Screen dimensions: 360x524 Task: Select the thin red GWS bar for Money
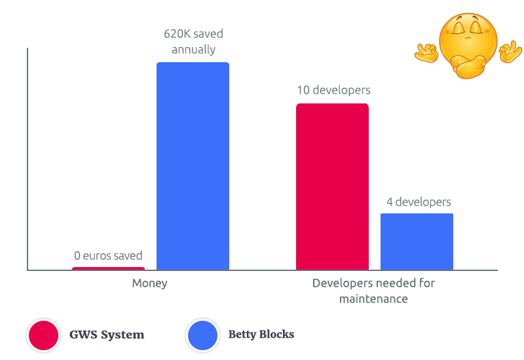pos(108,268)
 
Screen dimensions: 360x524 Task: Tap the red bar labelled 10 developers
pos(332,187)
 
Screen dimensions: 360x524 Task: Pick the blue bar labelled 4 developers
pos(417,242)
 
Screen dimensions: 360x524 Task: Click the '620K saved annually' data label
pos(193,41)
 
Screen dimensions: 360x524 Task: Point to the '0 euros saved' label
pos(108,256)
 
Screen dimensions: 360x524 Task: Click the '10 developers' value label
pos(333,90)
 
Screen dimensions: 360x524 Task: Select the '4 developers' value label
pos(418,202)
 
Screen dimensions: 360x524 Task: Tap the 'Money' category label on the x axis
pos(149,283)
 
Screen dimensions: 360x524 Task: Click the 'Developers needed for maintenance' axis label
pos(373,291)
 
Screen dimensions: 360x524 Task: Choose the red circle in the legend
pos(44,335)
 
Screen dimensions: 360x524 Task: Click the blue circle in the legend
pos(202,335)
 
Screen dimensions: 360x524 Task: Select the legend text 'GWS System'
pos(107,334)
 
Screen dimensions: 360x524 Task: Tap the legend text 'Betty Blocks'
pos(261,334)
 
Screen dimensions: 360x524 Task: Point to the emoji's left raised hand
pos(426,52)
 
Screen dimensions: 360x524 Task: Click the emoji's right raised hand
pos(510,52)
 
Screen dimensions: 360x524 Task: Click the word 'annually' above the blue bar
pos(193,49)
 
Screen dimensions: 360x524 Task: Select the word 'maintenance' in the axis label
pos(373,298)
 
